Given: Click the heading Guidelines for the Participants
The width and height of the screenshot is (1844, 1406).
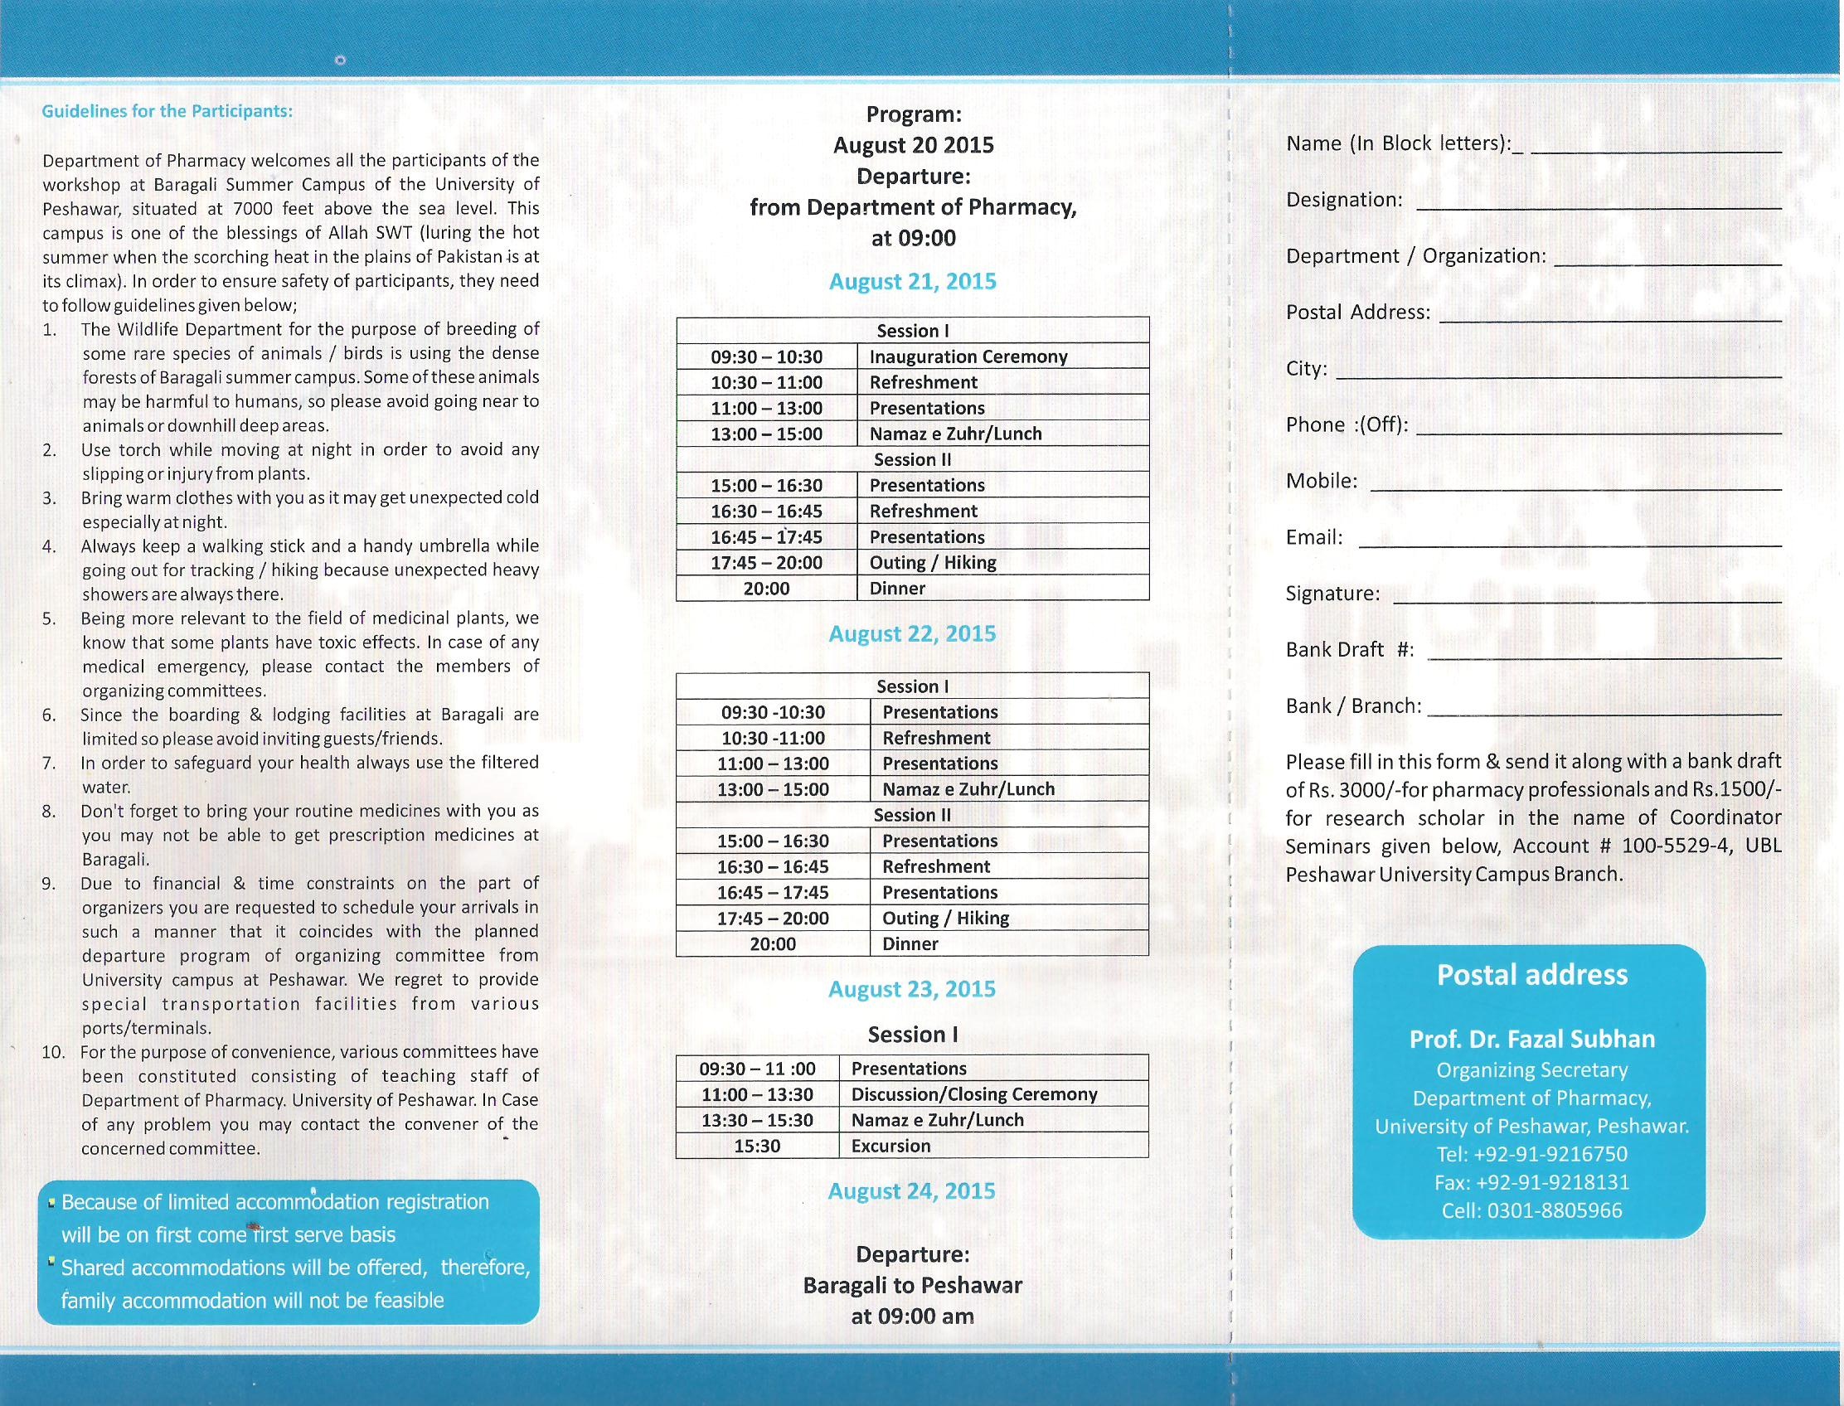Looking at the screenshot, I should [167, 111].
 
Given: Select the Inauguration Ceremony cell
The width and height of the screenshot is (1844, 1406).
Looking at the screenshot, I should [968, 356].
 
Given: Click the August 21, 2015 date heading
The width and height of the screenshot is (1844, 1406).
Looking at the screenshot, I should [912, 281].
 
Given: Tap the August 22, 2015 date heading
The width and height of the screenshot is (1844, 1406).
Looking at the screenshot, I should [912, 633].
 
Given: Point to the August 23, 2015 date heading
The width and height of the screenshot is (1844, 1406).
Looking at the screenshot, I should [911, 989].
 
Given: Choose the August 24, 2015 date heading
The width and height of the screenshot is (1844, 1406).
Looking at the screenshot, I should [911, 1191].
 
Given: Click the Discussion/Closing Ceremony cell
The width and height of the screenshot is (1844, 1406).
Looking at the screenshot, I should [973, 1093].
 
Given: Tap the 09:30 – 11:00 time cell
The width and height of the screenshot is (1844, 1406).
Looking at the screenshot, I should [758, 1069].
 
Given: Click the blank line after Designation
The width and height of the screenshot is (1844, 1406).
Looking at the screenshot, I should [1599, 206].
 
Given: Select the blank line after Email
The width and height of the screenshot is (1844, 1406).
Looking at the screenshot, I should [1570, 544].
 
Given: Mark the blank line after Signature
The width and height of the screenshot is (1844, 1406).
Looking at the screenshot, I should [1587, 600].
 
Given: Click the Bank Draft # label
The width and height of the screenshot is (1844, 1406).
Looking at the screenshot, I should [1349, 649].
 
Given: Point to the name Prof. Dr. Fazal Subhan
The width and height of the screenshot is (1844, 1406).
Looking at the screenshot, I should [1531, 1040].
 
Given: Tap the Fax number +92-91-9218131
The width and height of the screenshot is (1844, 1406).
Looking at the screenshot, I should [1531, 1182].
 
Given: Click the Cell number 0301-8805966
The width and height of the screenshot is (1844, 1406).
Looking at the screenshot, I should [1531, 1211].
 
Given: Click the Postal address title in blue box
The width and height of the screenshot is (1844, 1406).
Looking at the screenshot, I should [1531, 975].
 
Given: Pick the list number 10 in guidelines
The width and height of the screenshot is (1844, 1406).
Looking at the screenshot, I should [53, 1052].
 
